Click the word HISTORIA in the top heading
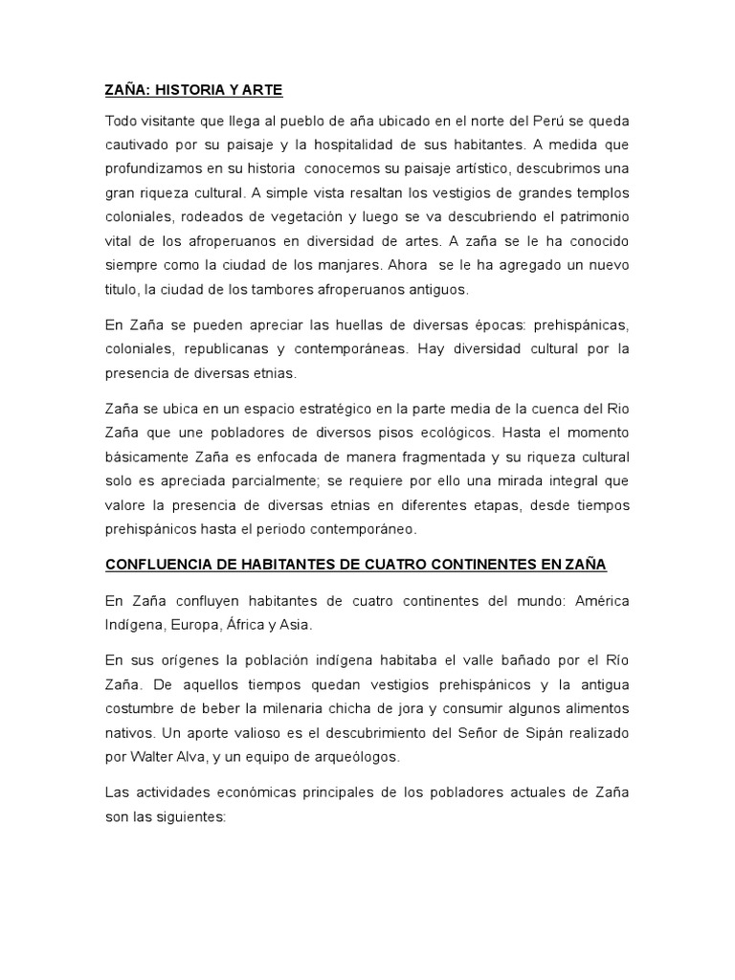tap(186, 91)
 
